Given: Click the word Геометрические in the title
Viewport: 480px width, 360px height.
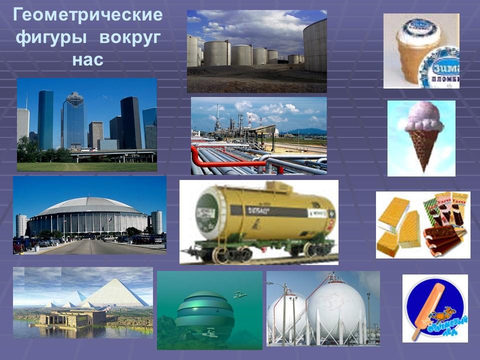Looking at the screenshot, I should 87,15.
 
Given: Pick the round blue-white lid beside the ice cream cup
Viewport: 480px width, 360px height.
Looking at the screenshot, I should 440,67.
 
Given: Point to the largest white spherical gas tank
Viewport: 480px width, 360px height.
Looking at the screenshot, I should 336,305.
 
